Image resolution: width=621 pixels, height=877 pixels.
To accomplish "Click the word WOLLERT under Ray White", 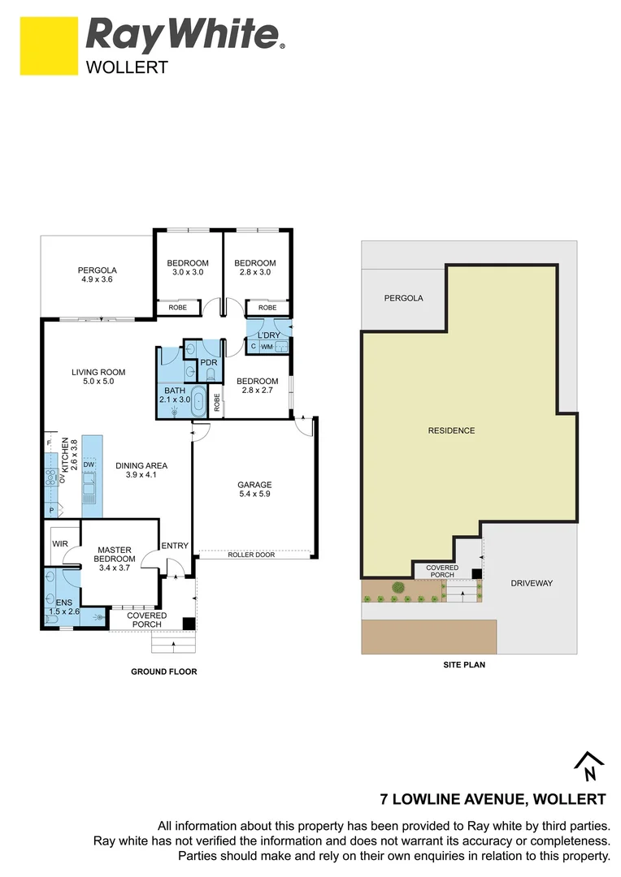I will coord(127,67).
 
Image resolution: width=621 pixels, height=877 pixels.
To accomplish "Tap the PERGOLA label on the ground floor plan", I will coord(98,270).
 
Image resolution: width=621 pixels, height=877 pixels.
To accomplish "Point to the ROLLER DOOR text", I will coord(251,555).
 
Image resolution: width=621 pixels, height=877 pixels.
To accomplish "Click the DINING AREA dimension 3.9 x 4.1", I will coord(141,475).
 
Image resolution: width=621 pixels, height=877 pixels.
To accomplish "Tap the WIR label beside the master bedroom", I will coord(59,542).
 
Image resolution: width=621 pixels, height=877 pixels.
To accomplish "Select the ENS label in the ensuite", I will coord(53,603).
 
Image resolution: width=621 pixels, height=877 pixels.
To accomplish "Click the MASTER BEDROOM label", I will coord(114,554).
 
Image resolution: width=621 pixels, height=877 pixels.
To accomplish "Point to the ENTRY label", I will coord(174,546).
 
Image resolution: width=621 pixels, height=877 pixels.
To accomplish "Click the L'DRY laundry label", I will coord(268,335).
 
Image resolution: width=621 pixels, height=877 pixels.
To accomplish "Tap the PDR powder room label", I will coord(208,362).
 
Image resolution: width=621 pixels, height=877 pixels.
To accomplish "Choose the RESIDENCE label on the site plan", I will coord(451,430).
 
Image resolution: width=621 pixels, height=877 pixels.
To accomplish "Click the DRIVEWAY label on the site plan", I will coord(532,583).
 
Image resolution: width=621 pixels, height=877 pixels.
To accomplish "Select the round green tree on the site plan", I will coord(398,587).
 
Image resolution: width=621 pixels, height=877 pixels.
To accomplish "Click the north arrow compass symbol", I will coord(589,766).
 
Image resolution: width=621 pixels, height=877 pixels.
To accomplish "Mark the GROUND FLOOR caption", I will coord(164,672).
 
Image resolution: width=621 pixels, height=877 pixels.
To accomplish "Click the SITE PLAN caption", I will coord(464,664).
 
